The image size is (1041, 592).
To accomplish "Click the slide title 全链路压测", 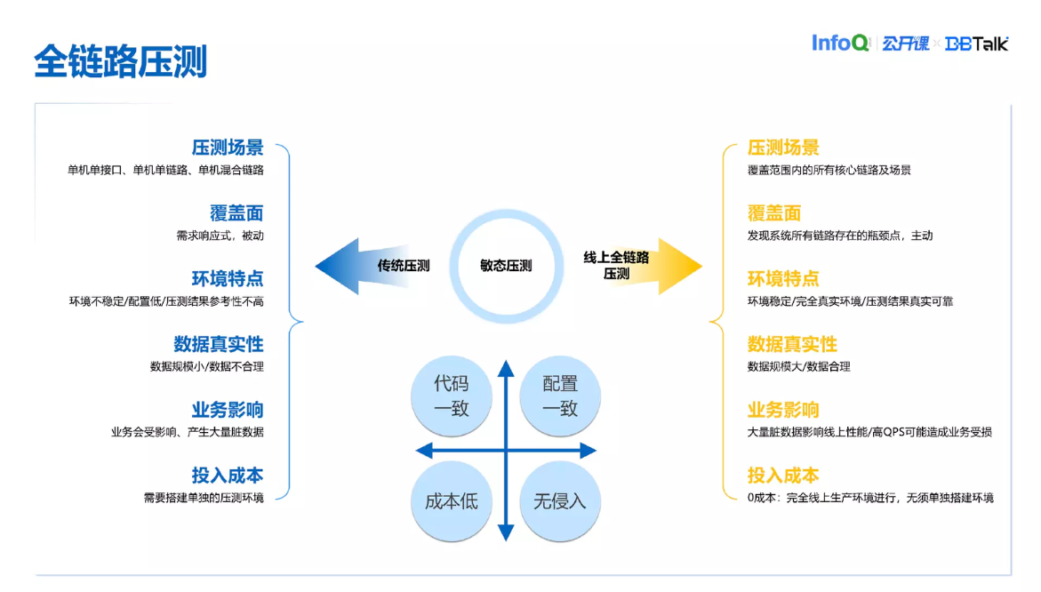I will [120, 61].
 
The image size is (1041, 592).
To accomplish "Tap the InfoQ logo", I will [840, 43].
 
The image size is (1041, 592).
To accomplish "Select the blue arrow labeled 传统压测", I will [373, 266].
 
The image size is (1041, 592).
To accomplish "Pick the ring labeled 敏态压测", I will [506, 266].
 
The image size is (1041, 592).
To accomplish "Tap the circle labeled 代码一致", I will [451, 396].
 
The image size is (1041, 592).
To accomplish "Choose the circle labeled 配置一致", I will [560, 396].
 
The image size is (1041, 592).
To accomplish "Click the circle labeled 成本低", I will [451, 501].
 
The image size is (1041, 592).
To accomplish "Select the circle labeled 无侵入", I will [560, 501].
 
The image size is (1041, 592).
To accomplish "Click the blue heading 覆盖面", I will [236, 213].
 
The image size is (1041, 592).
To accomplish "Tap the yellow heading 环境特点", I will [783, 279].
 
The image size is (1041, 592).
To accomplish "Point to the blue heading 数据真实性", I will [219, 344].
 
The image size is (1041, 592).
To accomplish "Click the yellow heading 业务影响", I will [783, 410].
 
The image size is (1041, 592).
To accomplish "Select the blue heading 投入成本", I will [228, 476].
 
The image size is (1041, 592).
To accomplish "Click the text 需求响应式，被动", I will [220, 236].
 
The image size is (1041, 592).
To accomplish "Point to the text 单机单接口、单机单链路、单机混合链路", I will [165, 170].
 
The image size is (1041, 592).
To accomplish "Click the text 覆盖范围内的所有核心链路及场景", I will [829, 170].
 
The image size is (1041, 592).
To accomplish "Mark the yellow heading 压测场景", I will [783, 148].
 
